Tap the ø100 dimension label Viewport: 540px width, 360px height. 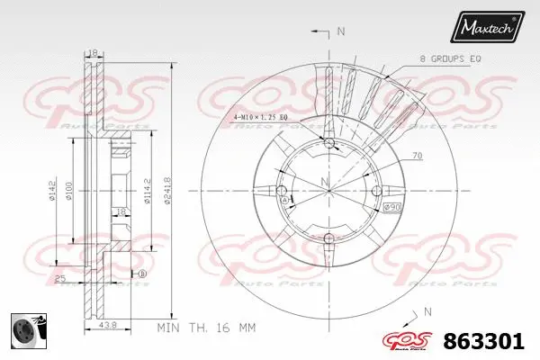pyautogui.click(x=80, y=189)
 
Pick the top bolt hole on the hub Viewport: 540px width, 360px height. pyautogui.click(x=328, y=144)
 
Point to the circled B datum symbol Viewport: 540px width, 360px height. pyautogui.click(x=143, y=274)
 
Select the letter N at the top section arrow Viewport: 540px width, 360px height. pyautogui.click(x=340, y=33)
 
